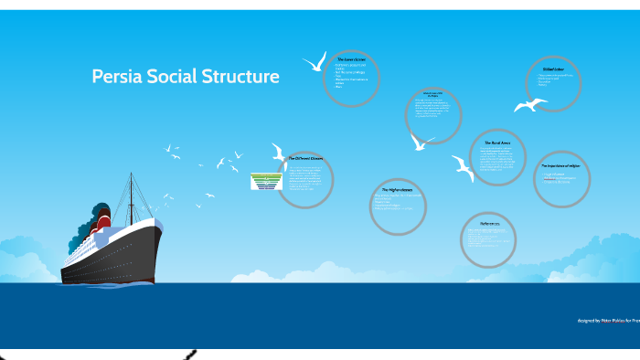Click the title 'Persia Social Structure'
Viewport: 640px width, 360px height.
pyautogui.click(x=186, y=77)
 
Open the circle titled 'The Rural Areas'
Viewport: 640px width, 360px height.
pyautogui.click(x=498, y=156)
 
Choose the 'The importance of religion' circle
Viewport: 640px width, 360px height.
pyautogui.click(x=561, y=178)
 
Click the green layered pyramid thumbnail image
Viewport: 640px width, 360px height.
pyautogui.click(x=266, y=181)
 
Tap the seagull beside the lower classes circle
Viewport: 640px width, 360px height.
pyautogui.click(x=315, y=62)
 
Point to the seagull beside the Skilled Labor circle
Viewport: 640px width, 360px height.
pyautogui.click(x=529, y=105)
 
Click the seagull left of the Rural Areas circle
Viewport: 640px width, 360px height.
pyautogui.click(x=463, y=167)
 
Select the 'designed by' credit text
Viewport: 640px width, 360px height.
pyautogui.click(x=606, y=321)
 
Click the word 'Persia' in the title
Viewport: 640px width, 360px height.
pyautogui.click(x=119, y=77)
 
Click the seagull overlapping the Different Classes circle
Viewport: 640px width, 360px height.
pyautogui.click(x=279, y=152)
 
